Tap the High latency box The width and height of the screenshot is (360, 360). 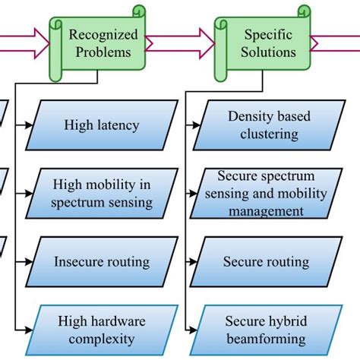(102, 125)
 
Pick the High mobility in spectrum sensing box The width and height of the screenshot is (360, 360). (102, 193)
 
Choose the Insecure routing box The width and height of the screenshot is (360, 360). (102, 262)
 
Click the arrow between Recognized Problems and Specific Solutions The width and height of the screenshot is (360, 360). (179, 44)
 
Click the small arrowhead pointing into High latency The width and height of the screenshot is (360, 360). (29, 125)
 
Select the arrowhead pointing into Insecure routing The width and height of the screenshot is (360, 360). (29, 261)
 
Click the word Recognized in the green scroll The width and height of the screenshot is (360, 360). (103, 34)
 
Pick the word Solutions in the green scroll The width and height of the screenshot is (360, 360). (269, 52)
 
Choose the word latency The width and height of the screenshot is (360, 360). (118, 125)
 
